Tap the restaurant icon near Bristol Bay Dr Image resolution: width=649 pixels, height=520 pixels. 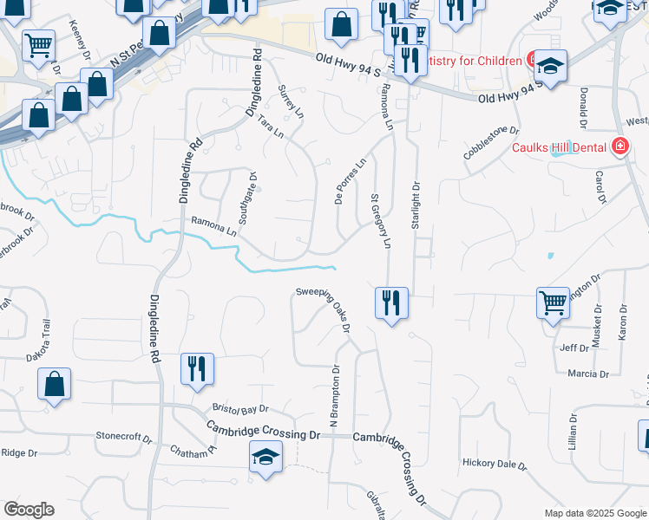tap(197, 368)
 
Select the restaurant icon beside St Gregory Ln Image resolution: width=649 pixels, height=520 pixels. tap(391, 302)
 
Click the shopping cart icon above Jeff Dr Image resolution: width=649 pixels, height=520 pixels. tap(553, 302)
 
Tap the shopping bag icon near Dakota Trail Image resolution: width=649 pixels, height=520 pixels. tap(54, 384)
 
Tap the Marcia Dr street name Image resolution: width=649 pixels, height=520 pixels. tap(587, 374)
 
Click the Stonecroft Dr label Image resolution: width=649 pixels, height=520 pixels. tap(123, 436)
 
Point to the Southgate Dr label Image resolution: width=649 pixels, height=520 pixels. tap(246, 198)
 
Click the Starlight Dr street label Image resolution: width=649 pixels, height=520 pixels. tap(416, 205)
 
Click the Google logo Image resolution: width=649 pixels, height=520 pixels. tap(28, 510)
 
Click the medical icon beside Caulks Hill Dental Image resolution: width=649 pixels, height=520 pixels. tap(620, 146)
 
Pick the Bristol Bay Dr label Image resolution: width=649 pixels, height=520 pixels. tap(240, 408)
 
